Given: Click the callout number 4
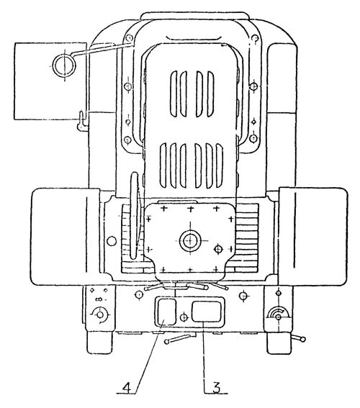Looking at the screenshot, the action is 127,387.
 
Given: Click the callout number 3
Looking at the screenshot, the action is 216,387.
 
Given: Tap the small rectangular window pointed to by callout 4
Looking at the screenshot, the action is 166,312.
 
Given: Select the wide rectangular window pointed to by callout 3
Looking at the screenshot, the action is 207,311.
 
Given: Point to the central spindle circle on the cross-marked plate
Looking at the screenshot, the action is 191,240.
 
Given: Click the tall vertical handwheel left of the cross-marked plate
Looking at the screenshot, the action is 135,215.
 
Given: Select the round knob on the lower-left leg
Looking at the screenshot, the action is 99,314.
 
